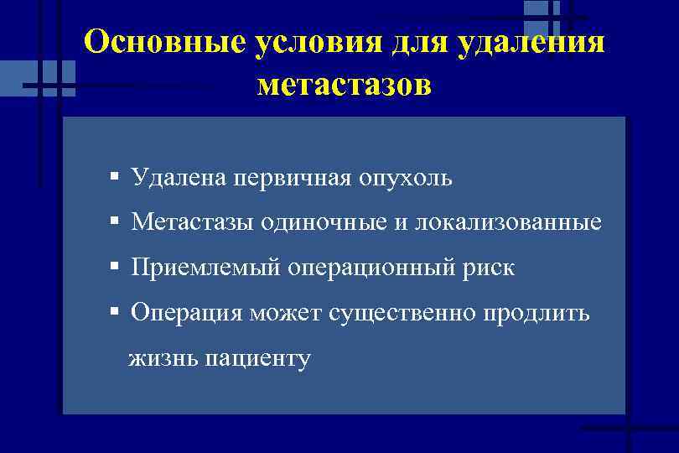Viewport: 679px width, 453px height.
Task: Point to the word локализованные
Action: coord(509,223)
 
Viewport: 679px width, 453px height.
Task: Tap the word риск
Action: coord(490,268)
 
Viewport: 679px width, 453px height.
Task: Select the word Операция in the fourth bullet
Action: coord(187,314)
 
